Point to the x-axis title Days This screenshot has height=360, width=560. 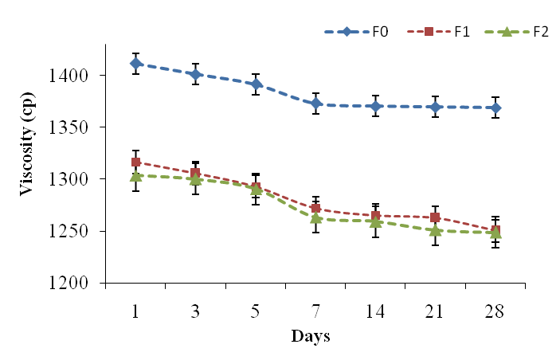click(x=311, y=336)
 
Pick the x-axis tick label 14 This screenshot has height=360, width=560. click(x=375, y=311)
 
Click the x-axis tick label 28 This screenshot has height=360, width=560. click(x=495, y=311)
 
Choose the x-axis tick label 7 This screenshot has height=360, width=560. click(x=315, y=311)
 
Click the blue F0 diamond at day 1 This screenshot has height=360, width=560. click(x=136, y=63)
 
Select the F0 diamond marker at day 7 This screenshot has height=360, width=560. click(x=316, y=104)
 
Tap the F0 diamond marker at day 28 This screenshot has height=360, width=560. click(x=495, y=108)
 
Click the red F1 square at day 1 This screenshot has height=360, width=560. click(x=136, y=162)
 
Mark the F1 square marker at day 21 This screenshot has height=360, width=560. click(x=436, y=217)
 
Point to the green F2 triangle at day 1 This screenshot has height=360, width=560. click(x=136, y=175)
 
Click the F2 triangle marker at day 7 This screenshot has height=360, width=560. click(x=316, y=217)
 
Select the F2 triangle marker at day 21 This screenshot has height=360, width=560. click(x=436, y=230)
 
